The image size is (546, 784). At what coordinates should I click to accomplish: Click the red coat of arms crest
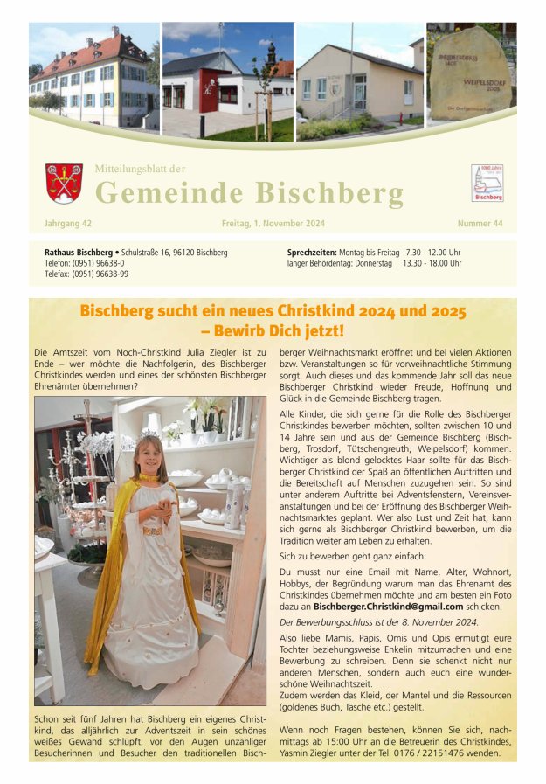click(x=64, y=184)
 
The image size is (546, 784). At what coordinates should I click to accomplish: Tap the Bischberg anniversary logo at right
click(x=487, y=183)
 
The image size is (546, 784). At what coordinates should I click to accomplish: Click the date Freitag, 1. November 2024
click(x=273, y=224)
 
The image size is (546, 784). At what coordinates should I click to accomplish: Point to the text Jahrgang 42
click(x=68, y=224)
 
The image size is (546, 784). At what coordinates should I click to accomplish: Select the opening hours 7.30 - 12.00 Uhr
click(x=432, y=253)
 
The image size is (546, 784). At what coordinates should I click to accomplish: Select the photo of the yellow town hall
click(x=93, y=81)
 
